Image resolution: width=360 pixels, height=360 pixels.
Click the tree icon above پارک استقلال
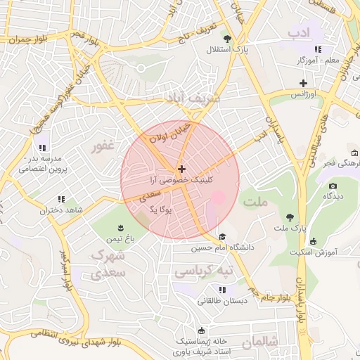[226, 39]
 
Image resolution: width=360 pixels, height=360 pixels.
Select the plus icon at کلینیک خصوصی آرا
[182, 169]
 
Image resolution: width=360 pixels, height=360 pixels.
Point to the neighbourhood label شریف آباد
[192, 98]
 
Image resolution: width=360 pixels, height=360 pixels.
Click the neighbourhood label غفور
[103, 146]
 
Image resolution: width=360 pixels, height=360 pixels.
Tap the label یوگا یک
[161, 209]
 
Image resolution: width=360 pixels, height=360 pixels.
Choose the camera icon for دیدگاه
[333, 186]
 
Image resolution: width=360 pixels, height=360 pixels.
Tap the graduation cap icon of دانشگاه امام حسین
[223, 236]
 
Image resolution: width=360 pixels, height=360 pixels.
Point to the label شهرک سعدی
[108, 262]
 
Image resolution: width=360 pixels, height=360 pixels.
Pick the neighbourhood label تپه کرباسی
[203, 271]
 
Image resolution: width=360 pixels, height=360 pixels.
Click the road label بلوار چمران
[28, 39]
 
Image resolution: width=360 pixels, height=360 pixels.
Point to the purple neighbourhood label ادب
[299, 32]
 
